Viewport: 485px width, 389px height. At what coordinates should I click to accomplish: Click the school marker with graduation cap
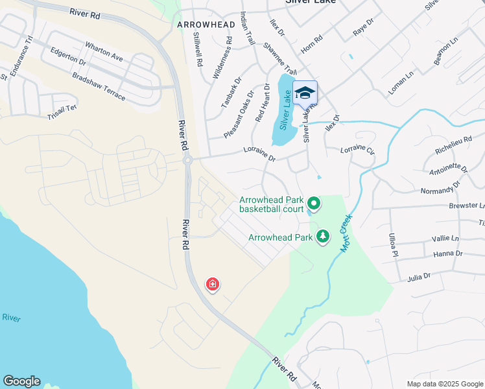click(305, 93)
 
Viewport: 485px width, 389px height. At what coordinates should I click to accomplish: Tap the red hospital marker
click(212, 284)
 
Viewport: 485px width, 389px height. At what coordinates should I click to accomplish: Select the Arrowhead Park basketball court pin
click(314, 204)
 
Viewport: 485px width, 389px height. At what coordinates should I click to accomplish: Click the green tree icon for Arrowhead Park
click(323, 236)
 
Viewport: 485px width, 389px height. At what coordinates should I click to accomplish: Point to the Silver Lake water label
click(285, 110)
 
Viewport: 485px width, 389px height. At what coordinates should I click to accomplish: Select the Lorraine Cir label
click(358, 150)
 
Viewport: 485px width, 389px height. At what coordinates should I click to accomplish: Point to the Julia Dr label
click(419, 277)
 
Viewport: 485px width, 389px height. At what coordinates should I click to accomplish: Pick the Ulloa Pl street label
click(392, 245)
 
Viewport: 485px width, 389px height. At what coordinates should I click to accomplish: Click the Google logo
click(21, 381)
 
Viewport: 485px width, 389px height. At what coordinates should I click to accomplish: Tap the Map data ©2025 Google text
click(444, 384)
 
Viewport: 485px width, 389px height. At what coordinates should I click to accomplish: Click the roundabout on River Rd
click(187, 159)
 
